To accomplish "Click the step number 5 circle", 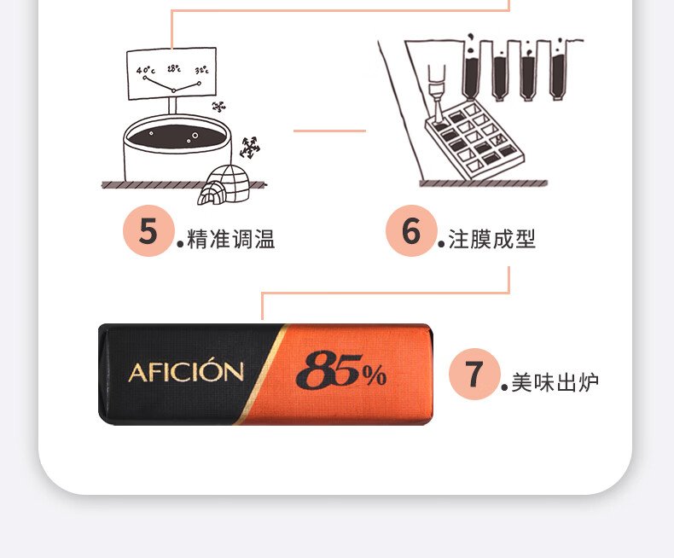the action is click(148, 231).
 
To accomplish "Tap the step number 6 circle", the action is click(411, 231).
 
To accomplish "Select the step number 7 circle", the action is click(474, 374).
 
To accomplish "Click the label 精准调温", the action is click(231, 239).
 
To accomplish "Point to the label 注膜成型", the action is click(492, 239).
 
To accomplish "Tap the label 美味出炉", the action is click(555, 382).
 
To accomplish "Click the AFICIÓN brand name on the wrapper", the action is click(186, 372).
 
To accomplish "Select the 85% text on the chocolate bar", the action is click(341, 369).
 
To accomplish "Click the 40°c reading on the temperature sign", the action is click(146, 70).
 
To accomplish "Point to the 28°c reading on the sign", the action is click(174, 68).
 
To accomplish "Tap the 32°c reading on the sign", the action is click(201, 70).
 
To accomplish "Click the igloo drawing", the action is click(224, 185).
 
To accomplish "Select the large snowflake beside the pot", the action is click(250, 148).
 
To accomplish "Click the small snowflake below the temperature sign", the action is click(218, 107).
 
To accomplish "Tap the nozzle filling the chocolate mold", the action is click(437, 93).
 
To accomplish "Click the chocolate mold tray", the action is click(474, 139).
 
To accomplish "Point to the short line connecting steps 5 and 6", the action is click(329, 131).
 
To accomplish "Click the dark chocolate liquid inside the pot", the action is click(177, 137).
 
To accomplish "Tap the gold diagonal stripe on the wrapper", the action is click(262, 374).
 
